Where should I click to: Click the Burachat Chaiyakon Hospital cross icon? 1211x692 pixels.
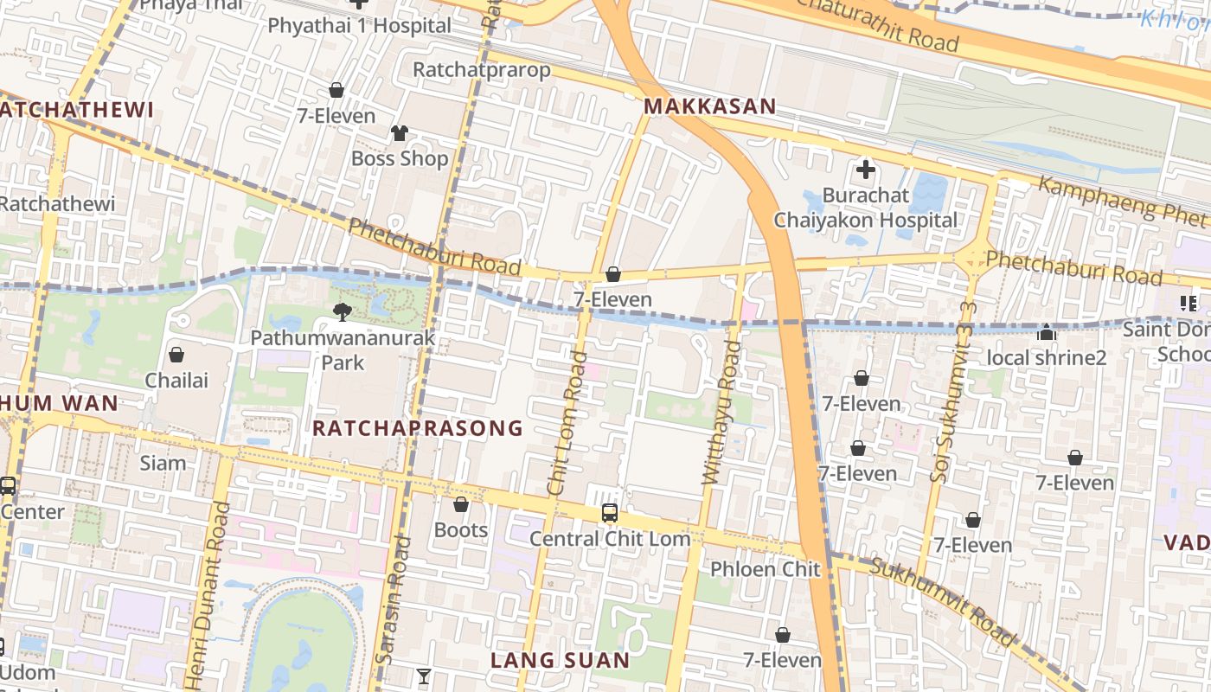pyautogui.click(x=865, y=170)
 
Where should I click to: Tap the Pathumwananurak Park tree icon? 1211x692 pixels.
pyautogui.click(x=343, y=311)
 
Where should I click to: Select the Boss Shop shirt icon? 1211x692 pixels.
pyautogui.click(x=399, y=133)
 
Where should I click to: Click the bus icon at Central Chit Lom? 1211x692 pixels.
pyautogui.click(x=610, y=512)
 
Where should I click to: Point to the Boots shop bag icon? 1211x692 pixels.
pyautogui.click(x=461, y=503)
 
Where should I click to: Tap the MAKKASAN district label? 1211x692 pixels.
pyautogui.click(x=709, y=106)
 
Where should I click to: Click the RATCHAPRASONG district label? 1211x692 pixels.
pyautogui.click(x=418, y=428)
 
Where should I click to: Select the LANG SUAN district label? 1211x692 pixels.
pyautogui.click(x=561, y=661)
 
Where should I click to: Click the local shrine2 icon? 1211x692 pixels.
pyautogui.click(x=1047, y=332)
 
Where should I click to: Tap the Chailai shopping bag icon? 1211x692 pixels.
pyautogui.click(x=176, y=355)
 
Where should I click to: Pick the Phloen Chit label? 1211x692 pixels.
pyautogui.click(x=765, y=569)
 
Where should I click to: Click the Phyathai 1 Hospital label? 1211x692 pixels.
pyautogui.click(x=359, y=25)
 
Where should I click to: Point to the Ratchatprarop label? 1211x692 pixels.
pyautogui.click(x=482, y=69)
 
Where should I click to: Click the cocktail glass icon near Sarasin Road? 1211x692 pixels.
pyautogui.click(x=424, y=676)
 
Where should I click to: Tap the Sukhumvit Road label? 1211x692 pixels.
pyautogui.click(x=943, y=603)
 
